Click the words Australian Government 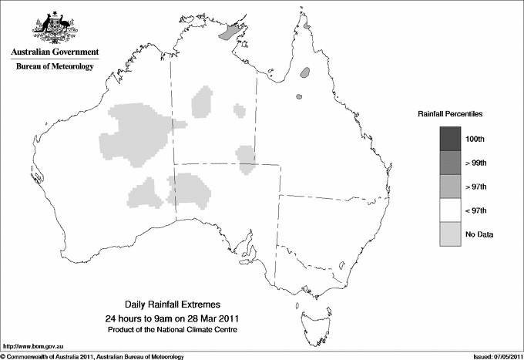[55, 52]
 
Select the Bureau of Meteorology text [55, 67]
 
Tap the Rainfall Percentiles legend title [450, 114]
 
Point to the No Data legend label [479, 234]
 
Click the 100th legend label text [475, 139]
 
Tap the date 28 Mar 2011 [203, 318]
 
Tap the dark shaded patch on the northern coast [231, 32]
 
